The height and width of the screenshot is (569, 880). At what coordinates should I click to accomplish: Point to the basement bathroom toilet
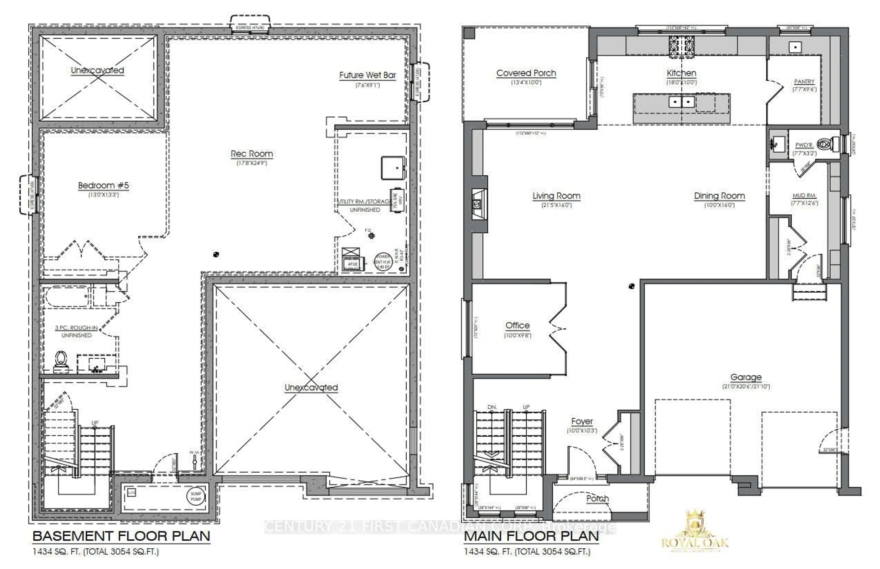(61, 360)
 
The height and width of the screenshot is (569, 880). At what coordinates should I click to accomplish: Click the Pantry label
(804, 82)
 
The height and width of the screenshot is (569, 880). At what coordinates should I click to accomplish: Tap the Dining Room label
(719, 196)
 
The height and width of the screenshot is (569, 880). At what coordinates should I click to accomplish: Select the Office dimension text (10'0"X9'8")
(518, 335)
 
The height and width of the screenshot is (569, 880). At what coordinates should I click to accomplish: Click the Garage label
(746, 377)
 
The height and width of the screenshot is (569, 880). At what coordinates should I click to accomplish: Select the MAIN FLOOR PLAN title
(531, 536)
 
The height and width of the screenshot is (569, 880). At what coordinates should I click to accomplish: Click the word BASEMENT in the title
(73, 536)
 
